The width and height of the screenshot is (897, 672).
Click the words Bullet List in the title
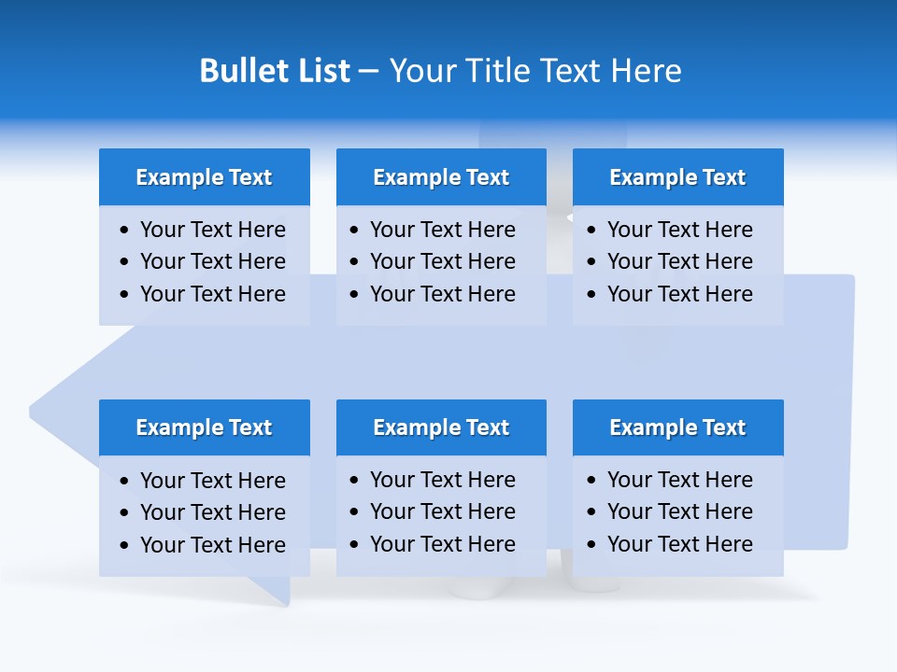275,71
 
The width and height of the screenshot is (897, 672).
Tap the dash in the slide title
368,71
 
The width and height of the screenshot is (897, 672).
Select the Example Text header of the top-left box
204,177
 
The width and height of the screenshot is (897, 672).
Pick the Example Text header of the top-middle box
441,177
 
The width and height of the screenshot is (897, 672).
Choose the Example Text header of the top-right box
677,177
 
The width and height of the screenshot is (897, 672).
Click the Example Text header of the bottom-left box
204,427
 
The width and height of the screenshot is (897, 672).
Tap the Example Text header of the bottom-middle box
441,427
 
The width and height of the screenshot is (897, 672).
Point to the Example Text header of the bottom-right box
677,427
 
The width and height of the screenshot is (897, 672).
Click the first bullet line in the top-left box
212,230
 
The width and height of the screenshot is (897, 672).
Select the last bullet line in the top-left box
212,294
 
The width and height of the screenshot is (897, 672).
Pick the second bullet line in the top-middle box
442,261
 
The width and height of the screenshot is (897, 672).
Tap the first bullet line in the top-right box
679,230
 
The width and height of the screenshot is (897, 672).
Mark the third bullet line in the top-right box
679,294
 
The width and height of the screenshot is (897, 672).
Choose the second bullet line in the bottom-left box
212,512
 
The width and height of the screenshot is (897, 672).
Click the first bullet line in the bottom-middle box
442,480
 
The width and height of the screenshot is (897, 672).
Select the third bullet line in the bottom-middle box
442,544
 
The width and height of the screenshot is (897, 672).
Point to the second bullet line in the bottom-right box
679,511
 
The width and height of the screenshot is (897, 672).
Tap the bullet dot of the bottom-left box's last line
125,545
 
